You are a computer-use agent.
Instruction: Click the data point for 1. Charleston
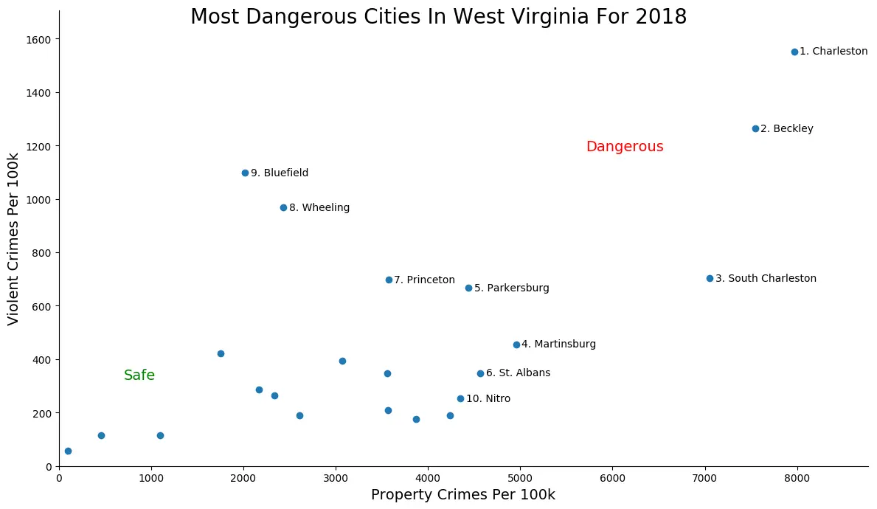coord(794,52)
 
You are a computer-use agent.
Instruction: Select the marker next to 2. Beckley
coord(755,128)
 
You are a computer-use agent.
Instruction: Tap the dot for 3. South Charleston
coord(710,278)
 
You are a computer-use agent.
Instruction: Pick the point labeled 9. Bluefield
coord(245,173)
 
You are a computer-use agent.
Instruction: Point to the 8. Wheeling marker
coord(283,207)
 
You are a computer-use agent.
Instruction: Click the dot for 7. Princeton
coord(389,280)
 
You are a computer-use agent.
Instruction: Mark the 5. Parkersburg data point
coord(468,288)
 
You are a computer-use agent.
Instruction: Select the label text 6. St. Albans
coord(518,373)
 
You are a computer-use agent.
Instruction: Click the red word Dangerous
coord(625,147)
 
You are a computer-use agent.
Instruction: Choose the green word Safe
coord(139,375)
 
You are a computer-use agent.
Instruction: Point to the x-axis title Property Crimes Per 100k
coord(462,495)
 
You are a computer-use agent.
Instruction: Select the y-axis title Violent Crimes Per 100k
coord(13,238)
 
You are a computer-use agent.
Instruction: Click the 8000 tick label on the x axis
coord(797,477)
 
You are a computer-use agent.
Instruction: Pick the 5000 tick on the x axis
coord(520,477)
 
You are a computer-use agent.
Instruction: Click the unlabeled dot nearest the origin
coord(68,451)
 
